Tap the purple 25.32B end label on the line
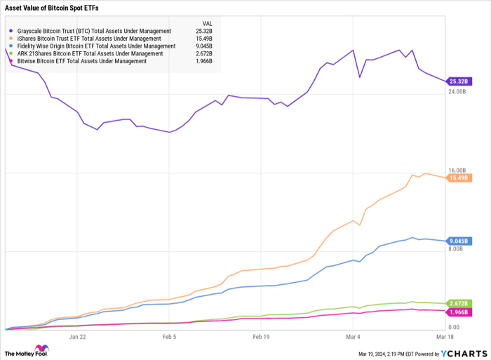pyautogui.click(x=459, y=81)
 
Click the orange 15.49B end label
pyautogui.click(x=459, y=178)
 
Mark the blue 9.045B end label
pyautogui.click(x=459, y=241)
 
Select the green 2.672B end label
pyautogui.click(x=459, y=304)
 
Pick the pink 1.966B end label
pyautogui.click(x=459, y=312)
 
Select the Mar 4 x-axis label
pyautogui.click(x=354, y=337)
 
